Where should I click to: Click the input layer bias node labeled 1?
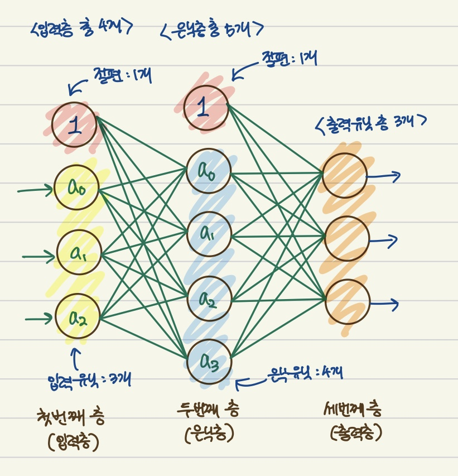[75, 126]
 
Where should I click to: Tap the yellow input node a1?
[79, 252]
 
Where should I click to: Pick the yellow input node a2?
[78, 316]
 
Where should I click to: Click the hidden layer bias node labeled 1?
[206, 107]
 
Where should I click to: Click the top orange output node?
[345, 175]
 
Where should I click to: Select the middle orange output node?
[346, 239]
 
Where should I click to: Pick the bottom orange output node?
[347, 301]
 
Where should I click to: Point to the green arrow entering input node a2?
[39, 320]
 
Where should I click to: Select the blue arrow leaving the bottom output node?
[385, 304]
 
